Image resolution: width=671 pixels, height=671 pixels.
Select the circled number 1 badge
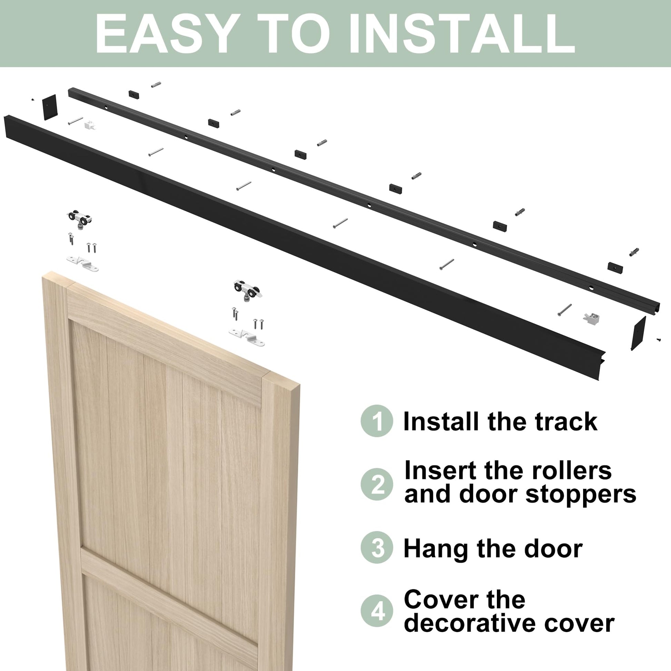pyautogui.click(x=377, y=421)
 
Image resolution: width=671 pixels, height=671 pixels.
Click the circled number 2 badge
pyautogui.click(x=377, y=484)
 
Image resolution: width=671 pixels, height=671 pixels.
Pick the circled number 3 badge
pyautogui.click(x=377, y=548)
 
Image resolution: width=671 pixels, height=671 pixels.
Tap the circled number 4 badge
pyautogui.click(x=377, y=611)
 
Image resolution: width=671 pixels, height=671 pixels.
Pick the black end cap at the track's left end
pyautogui.click(x=50, y=107)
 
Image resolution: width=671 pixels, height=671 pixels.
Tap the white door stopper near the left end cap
pyautogui.click(x=90, y=124)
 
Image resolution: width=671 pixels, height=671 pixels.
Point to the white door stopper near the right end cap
pyautogui.click(x=592, y=318)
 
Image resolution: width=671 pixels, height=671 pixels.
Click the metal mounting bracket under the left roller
pyautogui.click(x=83, y=263)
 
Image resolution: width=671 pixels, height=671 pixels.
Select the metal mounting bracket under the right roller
pyautogui.click(x=247, y=337)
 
